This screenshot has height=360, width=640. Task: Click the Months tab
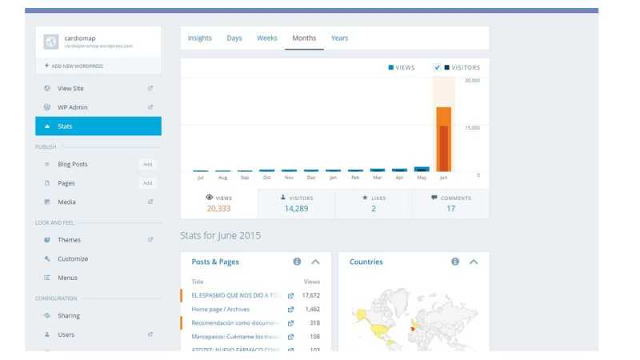[304, 38]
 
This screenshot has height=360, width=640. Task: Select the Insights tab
[200, 38]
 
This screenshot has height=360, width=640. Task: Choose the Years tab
[339, 38]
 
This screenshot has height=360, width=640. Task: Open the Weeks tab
[267, 38]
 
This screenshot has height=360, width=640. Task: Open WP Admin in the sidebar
[72, 107]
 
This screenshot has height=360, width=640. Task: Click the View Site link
[70, 88]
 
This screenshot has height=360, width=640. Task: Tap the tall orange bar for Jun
[443, 139]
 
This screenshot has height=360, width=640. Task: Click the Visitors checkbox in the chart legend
[437, 68]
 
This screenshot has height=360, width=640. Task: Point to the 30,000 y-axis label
[472, 81]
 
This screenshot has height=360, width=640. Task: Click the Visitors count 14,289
[296, 209]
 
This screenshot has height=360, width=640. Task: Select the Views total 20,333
[218, 209]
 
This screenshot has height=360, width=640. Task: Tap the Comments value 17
[450, 209]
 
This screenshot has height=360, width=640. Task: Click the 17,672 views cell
[310, 295]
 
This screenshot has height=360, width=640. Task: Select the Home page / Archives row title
[222, 309]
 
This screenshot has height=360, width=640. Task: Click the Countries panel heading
[366, 262]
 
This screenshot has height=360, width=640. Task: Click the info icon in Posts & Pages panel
[297, 262]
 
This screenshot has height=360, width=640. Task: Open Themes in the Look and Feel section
[69, 240]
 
